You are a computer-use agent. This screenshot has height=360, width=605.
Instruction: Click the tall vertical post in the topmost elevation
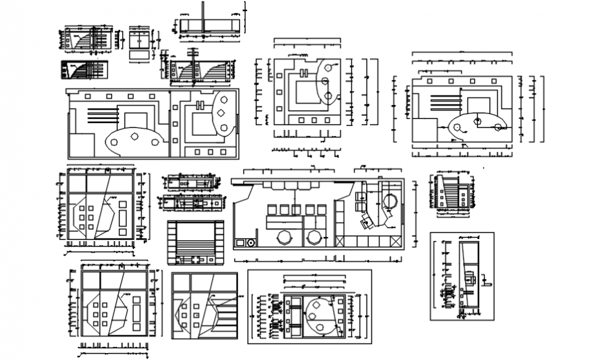click(202, 17)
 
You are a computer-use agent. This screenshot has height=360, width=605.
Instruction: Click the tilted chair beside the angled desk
click(366, 222)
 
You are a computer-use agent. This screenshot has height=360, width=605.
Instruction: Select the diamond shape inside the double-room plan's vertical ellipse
click(221, 113)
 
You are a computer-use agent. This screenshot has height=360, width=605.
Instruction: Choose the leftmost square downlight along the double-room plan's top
click(88, 95)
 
